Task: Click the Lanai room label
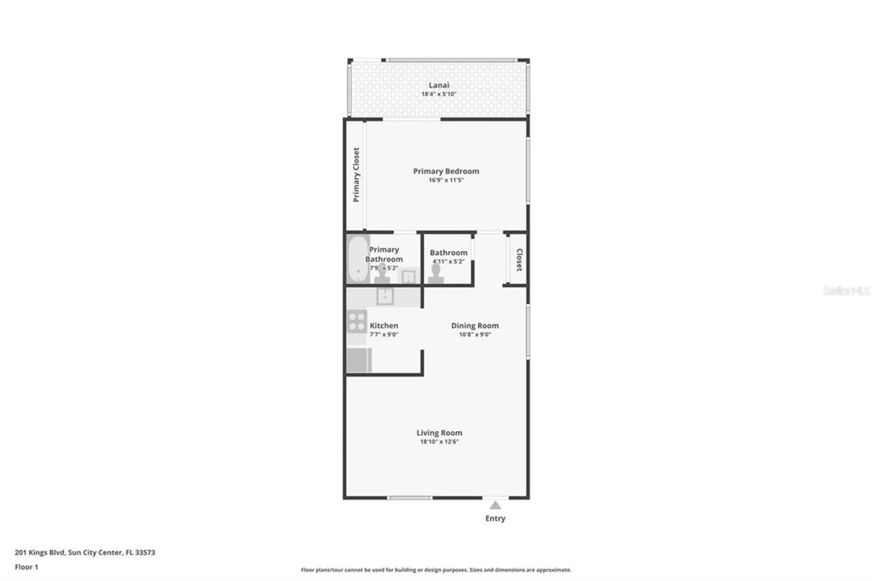pyautogui.click(x=439, y=85)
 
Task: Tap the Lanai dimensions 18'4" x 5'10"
pyautogui.click(x=439, y=94)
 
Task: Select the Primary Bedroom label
pyautogui.click(x=446, y=171)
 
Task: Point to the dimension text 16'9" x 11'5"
pyautogui.click(x=446, y=180)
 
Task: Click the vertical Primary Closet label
pyautogui.click(x=356, y=174)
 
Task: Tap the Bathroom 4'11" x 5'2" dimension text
pyautogui.click(x=448, y=262)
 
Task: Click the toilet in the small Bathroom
pyautogui.click(x=436, y=274)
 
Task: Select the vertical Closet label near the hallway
pyautogui.click(x=519, y=260)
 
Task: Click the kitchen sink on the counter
pyautogui.click(x=385, y=297)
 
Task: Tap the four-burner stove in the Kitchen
pyautogui.click(x=357, y=321)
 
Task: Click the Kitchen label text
pyautogui.click(x=384, y=325)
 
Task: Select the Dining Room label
pyautogui.click(x=475, y=325)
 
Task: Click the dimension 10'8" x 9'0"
pyautogui.click(x=475, y=335)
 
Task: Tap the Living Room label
pyautogui.click(x=439, y=433)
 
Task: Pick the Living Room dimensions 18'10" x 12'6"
pyautogui.click(x=439, y=442)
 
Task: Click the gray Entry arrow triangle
pyautogui.click(x=495, y=506)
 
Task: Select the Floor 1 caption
pyautogui.click(x=27, y=567)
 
